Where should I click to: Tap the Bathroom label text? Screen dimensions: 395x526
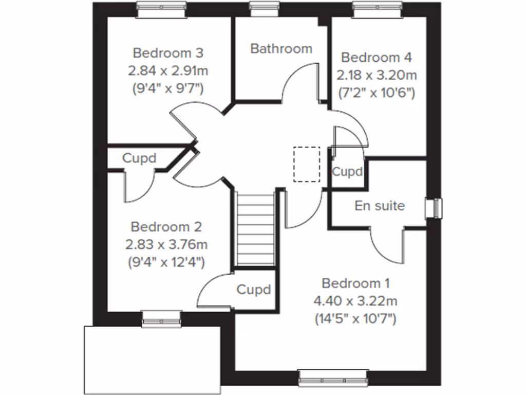tap(281, 49)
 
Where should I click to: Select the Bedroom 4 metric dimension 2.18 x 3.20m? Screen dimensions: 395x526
tap(377, 76)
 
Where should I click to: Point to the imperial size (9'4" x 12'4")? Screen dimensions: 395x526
tap(166, 262)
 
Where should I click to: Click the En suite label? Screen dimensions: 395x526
tap(380, 206)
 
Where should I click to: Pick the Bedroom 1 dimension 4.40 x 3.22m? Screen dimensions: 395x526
tap(355, 301)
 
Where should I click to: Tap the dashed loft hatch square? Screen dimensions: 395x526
tap(307, 164)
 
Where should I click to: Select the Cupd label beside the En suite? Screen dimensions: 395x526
tap(347, 171)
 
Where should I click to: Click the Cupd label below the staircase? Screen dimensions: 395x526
tap(253, 290)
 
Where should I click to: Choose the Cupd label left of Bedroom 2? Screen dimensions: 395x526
tap(139, 158)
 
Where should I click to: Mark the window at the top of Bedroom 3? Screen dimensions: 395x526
tap(161, 7)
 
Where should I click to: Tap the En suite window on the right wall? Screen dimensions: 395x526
tap(436, 208)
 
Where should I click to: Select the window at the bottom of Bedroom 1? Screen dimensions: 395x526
tap(334, 379)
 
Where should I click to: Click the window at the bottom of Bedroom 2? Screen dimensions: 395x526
tap(162, 319)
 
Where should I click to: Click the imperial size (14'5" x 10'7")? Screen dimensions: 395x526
tap(355, 318)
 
